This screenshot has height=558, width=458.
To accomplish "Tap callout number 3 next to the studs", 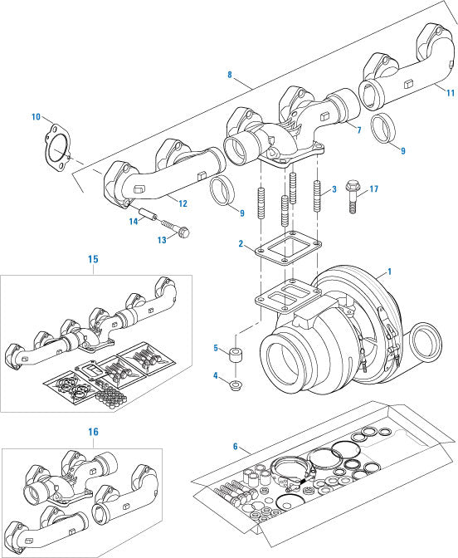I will pyautogui.click(x=334, y=190).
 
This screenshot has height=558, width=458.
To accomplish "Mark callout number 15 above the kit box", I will pyautogui.click(x=93, y=259).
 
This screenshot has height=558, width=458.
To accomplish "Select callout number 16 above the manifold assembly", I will pyautogui.click(x=93, y=433).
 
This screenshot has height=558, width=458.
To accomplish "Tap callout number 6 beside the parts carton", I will pyautogui.click(x=236, y=447).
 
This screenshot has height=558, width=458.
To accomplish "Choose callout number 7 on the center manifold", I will pyautogui.click(x=358, y=130).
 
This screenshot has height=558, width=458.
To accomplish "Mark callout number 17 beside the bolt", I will pyautogui.click(x=373, y=189).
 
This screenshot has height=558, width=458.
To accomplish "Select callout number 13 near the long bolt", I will pyautogui.click(x=162, y=239).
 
